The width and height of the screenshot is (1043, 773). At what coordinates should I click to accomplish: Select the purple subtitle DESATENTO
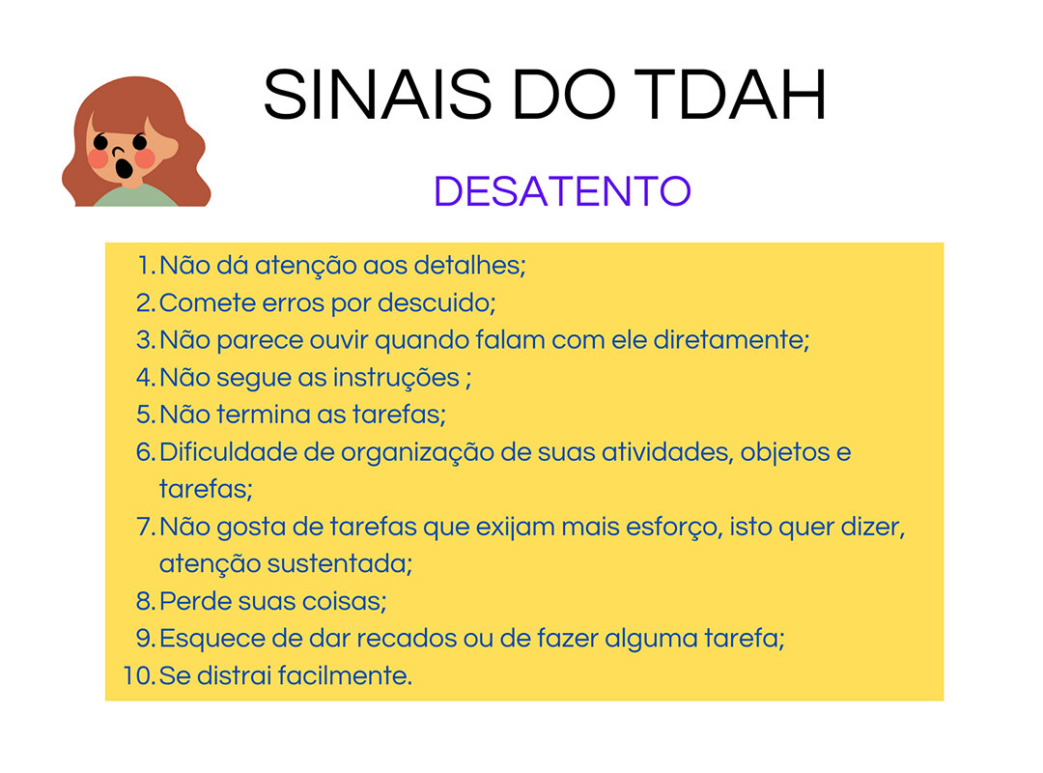pyautogui.click(x=562, y=191)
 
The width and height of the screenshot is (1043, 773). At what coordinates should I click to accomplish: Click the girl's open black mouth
pyautogui.click(x=124, y=167)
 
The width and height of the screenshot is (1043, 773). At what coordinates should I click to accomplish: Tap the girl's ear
pyautogui.click(x=168, y=148)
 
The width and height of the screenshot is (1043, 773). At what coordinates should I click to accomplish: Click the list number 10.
pyautogui.click(x=138, y=675)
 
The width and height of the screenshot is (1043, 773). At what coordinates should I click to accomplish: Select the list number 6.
pyautogui.click(x=145, y=452)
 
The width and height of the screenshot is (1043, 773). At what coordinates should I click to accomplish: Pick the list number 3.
pyautogui.click(x=145, y=340)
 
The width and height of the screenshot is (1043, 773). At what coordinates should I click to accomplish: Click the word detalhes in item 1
pyautogui.click(x=469, y=265)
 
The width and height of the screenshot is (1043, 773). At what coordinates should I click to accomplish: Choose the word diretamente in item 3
pyautogui.click(x=731, y=339)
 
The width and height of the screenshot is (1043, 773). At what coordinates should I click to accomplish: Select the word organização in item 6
pyautogui.click(x=417, y=453)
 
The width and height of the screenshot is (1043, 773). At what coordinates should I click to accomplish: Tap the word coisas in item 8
pyautogui.click(x=344, y=601)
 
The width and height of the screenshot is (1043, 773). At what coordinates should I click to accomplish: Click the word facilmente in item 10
pyautogui.click(x=345, y=675)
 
